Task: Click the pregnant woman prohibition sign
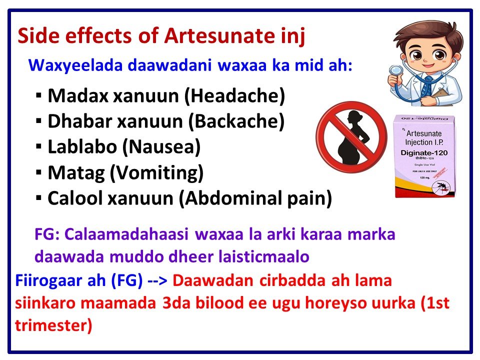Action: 349,134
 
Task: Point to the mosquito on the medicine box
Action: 439,186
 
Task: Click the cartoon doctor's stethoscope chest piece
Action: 395,71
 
